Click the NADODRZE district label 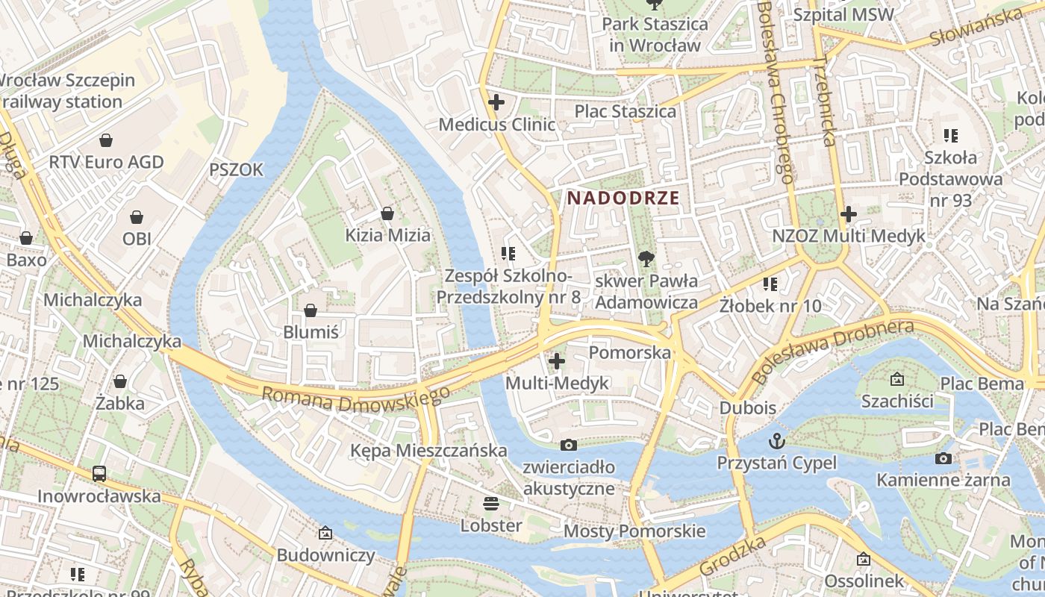pyautogui.click(x=623, y=199)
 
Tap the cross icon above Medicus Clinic pyautogui.click(x=496, y=102)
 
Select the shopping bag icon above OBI pyautogui.click(x=137, y=217)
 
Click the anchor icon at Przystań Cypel pyautogui.click(x=777, y=440)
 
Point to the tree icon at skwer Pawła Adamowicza pyautogui.click(x=646, y=259)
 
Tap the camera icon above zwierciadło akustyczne pyautogui.click(x=569, y=446)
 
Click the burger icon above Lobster pyautogui.click(x=490, y=503)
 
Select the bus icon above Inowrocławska pyautogui.click(x=99, y=473)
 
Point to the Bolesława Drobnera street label pyautogui.click(x=832, y=351)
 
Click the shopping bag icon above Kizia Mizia pyautogui.click(x=387, y=213)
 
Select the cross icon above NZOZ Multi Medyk pyautogui.click(x=848, y=214)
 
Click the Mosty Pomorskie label pyautogui.click(x=634, y=531)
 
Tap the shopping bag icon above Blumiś pyautogui.click(x=311, y=310)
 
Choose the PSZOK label pyautogui.click(x=236, y=170)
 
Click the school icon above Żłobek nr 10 pyautogui.click(x=770, y=284)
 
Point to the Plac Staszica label pyautogui.click(x=625, y=111)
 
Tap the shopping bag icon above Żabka pyautogui.click(x=119, y=381)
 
